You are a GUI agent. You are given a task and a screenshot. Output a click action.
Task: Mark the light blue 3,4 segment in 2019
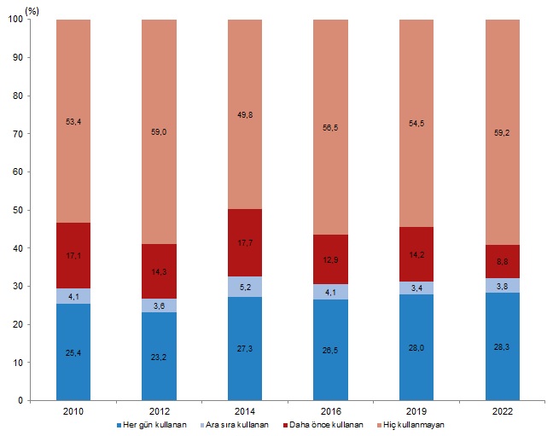(x=416, y=288)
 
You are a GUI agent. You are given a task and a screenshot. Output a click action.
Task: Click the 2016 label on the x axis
(x=330, y=411)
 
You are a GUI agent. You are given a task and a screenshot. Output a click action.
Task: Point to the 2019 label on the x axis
(x=416, y=411)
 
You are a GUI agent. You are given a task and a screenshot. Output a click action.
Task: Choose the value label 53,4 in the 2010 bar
(x=73, y=122)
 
